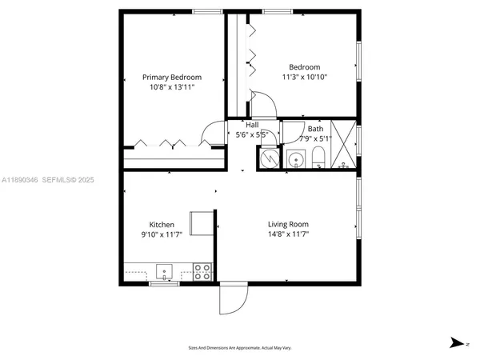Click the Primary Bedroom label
tap(172, 78)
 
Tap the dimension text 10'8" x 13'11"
tap(172, 87)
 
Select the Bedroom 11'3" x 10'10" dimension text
tap(304, 78)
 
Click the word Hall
tap(252, 126)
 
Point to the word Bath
tap(316, 129)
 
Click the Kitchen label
tap(162, 225)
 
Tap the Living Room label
tap(288, 225)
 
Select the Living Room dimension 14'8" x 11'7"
tap(288, 234)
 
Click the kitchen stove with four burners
tap(202, 272)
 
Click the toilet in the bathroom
tap(318, 156)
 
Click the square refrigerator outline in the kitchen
tap(200, 223)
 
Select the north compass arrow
tap(457, 342)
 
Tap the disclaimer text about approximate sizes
tap(239, 348)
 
